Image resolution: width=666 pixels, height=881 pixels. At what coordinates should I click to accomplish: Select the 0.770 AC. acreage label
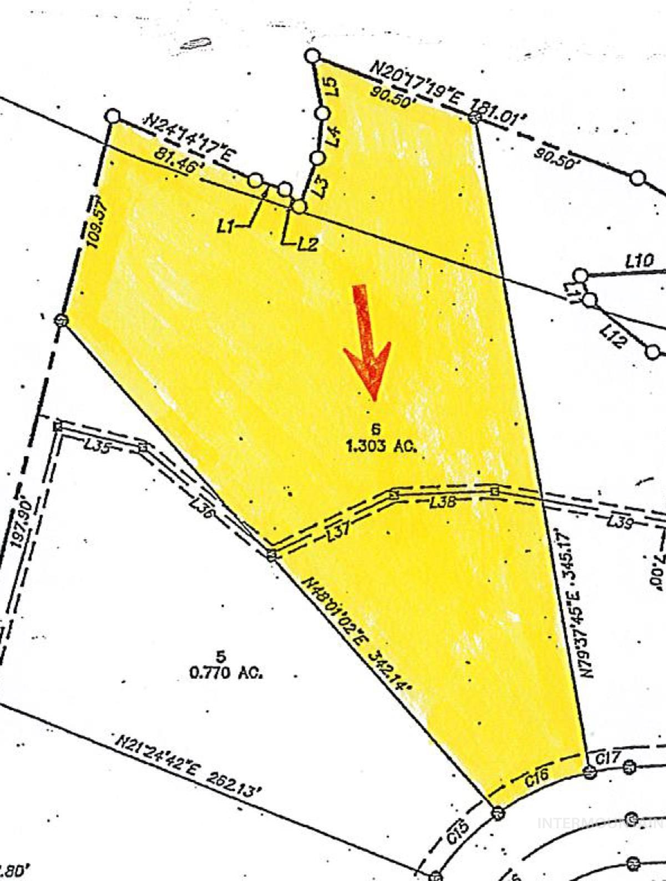tap(225, 673)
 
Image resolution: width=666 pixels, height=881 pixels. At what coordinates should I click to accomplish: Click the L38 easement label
tap(443, 503)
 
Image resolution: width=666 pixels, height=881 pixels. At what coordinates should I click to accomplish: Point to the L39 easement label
tap(619, 521)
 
